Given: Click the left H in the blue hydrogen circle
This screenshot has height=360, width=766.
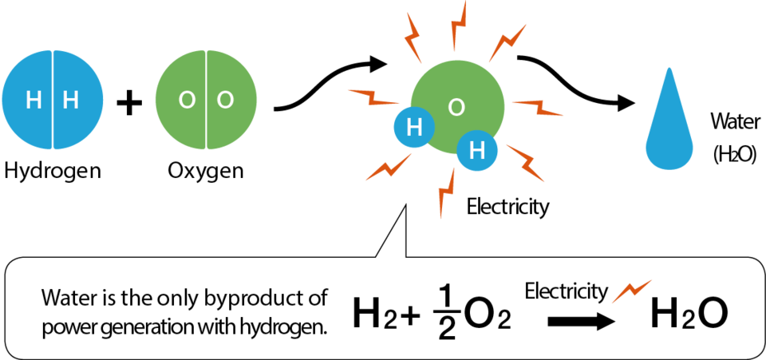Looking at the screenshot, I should tap(34, 101).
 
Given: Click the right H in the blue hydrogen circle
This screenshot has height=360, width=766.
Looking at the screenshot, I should tap(71, 101).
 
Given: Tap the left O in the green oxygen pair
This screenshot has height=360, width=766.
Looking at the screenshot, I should tap(187, 101).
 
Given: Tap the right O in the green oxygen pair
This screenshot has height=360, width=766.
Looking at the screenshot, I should tap(225, 101).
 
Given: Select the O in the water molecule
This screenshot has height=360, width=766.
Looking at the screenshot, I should tap(456, 108).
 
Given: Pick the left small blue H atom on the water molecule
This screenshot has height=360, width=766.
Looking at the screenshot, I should tap(414, 128).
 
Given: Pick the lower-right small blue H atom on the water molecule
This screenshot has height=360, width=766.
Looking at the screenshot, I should tap(477, 151).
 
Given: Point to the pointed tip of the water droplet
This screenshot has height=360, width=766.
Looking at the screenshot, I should tap(669, 70).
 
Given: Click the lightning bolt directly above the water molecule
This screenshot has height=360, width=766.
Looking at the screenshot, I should tap(458, 26).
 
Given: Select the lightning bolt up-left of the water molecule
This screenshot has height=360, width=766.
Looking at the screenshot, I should tap(413, 36).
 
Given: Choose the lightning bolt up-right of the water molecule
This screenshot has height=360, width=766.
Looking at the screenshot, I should tap(507, 42).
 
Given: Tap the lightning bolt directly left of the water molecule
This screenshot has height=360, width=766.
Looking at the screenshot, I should tap(373, 97).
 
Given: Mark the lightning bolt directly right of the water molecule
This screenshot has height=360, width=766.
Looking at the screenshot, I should tap(538, 108).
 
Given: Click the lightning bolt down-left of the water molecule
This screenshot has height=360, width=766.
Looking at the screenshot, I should tap(389, 168).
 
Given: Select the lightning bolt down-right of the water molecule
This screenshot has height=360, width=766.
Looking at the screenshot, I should tap(526, 164).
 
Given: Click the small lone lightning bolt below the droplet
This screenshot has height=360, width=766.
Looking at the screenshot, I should tap(632, 291).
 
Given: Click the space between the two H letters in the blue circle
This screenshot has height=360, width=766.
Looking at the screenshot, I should tap(53, 101).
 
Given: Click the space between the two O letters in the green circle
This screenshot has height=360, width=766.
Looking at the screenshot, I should tap(206, 101).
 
